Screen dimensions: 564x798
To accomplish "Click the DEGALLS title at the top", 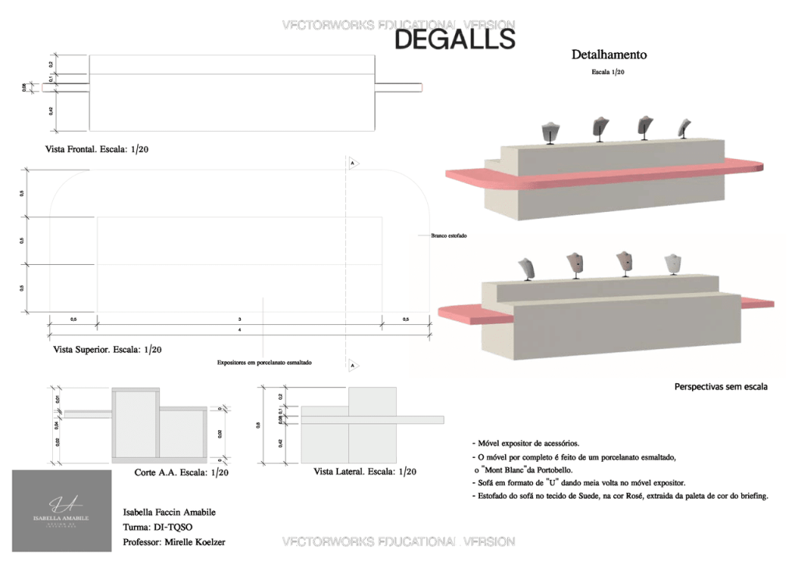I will point(454,39).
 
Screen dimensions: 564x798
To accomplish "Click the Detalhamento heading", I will point(609,55).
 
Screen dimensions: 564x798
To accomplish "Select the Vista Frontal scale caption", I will point(97,149).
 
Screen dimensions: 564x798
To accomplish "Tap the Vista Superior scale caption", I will point(108,350).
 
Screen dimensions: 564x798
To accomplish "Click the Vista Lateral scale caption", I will point(365,472).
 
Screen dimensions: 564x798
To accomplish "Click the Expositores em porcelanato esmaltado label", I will point(264,362).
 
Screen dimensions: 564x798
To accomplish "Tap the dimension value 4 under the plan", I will point(240,330).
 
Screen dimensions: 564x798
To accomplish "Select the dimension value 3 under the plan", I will point(239,319).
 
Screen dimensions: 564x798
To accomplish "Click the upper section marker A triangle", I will point(353,164).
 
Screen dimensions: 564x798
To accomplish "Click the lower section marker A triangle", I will point(353,365).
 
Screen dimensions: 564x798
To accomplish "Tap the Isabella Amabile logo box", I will point(62,510).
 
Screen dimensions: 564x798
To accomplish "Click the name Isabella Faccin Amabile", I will point(169,512).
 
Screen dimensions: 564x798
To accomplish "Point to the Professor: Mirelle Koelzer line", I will point(178,541).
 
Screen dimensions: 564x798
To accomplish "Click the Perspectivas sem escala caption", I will point(721,386).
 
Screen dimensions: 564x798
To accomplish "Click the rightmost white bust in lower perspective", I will point(672,263).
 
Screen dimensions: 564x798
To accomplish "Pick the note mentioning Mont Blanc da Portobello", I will point(526,470).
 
